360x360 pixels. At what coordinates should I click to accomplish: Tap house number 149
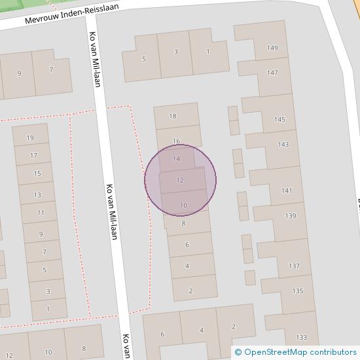click(x=272, y=48)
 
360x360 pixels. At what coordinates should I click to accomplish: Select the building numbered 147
click(x=272, y=73)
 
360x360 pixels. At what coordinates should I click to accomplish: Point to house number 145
click(x=279, y=119)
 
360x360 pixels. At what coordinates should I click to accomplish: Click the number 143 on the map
click(x=283, y=145)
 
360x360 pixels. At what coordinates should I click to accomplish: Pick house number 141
click(x=287, y=190)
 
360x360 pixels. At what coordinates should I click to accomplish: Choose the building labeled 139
click(x=290, y=216)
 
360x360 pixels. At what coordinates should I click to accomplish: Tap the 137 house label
click(x=294, y=266)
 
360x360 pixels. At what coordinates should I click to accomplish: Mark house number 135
click(x=298, y=291)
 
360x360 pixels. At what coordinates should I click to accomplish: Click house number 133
click(x=301, y=337)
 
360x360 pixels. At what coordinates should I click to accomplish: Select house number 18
click(x=173, y=117)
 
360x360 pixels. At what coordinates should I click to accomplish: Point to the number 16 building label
click(x=176, y=141)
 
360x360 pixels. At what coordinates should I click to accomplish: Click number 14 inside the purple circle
click(x=176, y=159)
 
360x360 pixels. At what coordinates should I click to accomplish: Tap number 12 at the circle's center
click(x=180, y=180)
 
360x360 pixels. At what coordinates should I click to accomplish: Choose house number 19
click(x=29, y=137)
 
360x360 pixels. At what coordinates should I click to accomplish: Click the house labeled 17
click(x=35, y=156)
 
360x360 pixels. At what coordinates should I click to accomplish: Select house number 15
click(x=37, y=173)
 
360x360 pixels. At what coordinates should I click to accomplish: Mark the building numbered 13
click(x=37, y=195)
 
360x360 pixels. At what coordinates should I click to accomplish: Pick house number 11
click(x=41, y=213)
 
